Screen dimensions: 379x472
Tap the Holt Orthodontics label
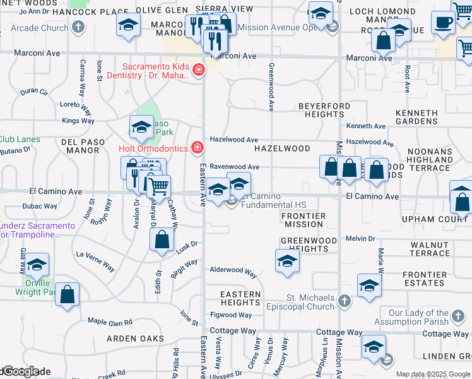click(x=153, y=148)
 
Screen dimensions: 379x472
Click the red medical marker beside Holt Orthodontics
click(x=198, y=148)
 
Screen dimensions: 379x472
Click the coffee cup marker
click(x=444, y=22)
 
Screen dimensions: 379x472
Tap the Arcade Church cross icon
click(x=78, y=27)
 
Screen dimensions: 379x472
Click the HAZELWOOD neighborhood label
click(x=282, y=148)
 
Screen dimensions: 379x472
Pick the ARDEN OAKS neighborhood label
click(x=135, y=339)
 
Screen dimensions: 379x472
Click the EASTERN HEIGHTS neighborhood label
click(x=240, y=298)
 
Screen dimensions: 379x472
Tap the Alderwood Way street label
click(x=233, y=271)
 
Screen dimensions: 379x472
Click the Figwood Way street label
click(x=231, y=315)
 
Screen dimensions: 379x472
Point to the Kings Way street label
click(x=78, y=121)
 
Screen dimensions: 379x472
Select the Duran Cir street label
click(x=34, y=92)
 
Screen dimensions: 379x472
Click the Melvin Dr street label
click(x=360, y=239)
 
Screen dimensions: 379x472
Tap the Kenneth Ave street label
click(x=365, y=126)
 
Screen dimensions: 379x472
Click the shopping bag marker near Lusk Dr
click(x=162, y=239)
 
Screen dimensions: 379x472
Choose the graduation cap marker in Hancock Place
click(x=128, y=25)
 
